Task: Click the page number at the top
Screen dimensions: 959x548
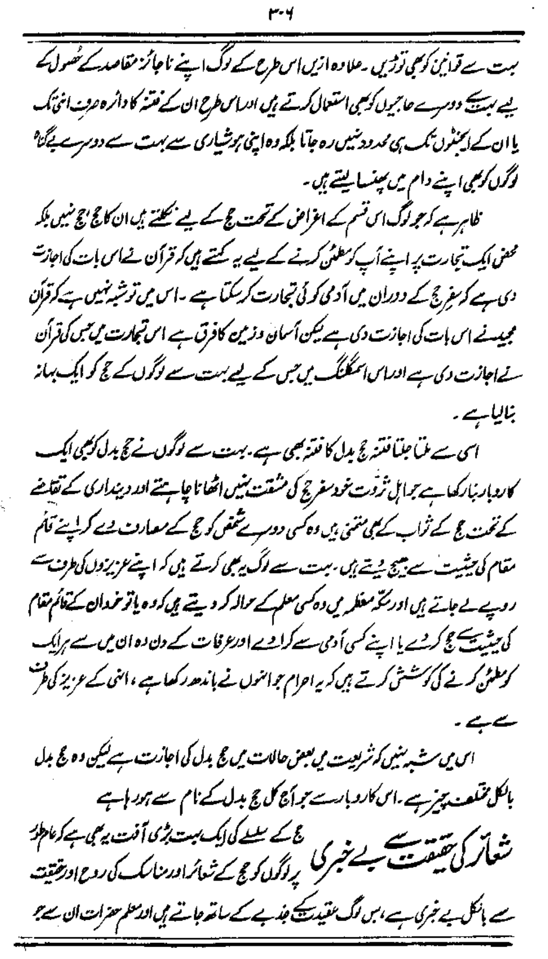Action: coord(273,11)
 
